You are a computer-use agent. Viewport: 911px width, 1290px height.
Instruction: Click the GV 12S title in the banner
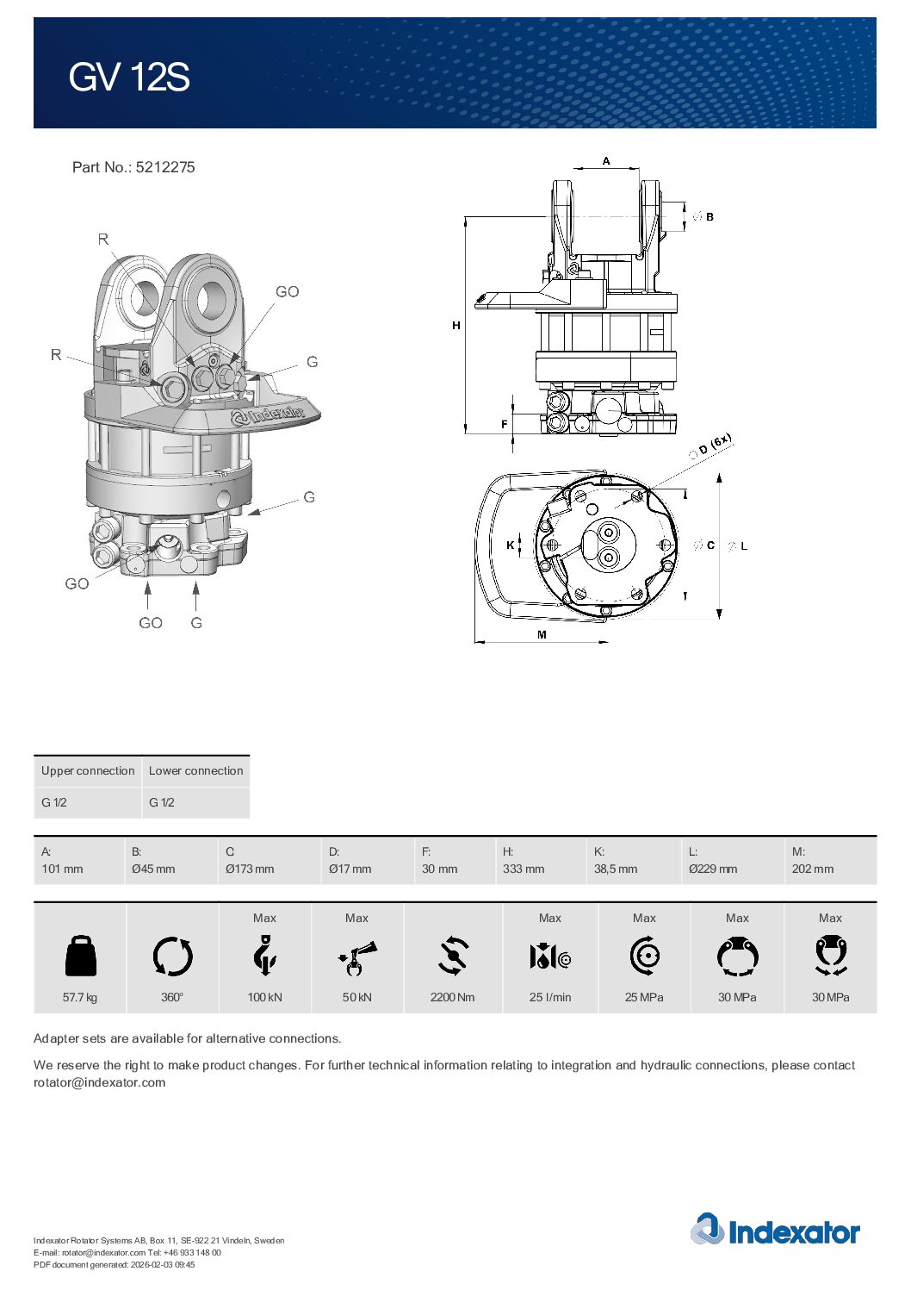pyautogui.click(x=129, y=78)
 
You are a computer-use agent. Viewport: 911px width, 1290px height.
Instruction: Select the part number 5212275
pyautogui.click(x=164, y=167)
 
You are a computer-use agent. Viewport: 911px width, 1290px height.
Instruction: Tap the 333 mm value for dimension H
pyautogui.click(x=524, y=869)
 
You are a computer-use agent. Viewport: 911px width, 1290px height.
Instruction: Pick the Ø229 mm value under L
pyautogui.click(x=713, y=869)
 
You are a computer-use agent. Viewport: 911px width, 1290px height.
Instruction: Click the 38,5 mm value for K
pyautogui.click(x=616, y=869)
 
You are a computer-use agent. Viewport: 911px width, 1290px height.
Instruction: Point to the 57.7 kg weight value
pyautogui.click(x=80, y=997)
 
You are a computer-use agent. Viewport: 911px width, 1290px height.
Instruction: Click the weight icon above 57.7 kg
pyautogui.click(x=80, y=957)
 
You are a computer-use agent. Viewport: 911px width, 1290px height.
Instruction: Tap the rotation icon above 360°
pyautogui.click(x=172, y=957)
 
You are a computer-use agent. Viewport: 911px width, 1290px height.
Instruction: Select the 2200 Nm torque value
pyautogui.click(x=452, y=997)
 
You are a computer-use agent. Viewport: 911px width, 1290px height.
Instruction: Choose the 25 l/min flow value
pyautogui.click(x=550, y=997)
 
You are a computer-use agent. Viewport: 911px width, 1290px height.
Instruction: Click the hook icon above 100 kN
pyautogui.click(x=264, y=957)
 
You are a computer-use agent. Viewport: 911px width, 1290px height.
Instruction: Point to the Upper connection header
pyautogui.click(x=88, y=770)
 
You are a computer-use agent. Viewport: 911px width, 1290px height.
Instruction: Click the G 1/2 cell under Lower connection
pyautogui.click(x=162, y=802)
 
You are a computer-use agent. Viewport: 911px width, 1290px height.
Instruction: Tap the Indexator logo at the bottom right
pyautogui.click(x=775, y=1231)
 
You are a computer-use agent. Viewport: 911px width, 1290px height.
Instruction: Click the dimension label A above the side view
pyautogui.click(x=606, y=161)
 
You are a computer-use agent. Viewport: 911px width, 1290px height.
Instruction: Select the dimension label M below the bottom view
pyautogui.click(x=542, y=635)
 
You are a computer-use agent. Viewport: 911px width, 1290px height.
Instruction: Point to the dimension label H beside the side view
pyautogui.click(x=456, y=326)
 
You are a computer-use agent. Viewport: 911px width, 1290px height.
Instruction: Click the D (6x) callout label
pyautogui.click(x=714, y=445)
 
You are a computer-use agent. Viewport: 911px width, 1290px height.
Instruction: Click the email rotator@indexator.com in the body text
pyautogui.click(x=99, y=1082)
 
